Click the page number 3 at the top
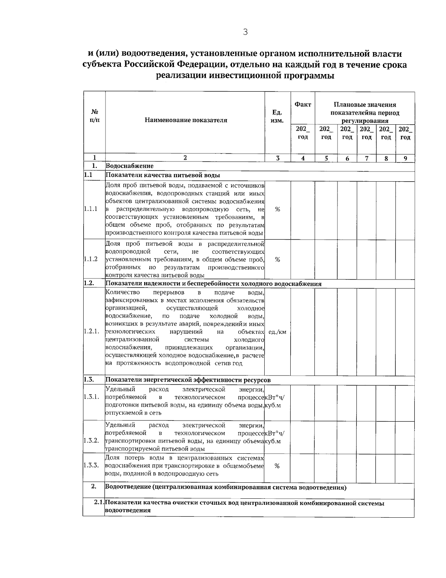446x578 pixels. click(x=245, y=32)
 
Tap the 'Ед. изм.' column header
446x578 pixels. click(x=278, y=116)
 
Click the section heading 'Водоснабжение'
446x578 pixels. click(x=130, y=166)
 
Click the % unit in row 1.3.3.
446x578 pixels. click(x=277, y=466)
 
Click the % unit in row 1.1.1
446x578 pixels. click(x=277, y=209)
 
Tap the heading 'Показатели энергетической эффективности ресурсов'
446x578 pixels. click(x=188, y=380)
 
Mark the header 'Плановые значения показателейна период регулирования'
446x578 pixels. click(x=365, y=112)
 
